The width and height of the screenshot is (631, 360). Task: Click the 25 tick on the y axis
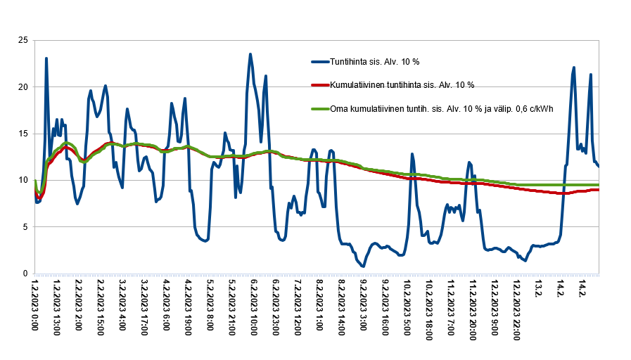[23, 40]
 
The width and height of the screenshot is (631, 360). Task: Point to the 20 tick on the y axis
[23, 87]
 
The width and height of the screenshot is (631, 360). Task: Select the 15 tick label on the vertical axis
[23, 134]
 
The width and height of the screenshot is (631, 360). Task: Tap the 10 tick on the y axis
[23, 180]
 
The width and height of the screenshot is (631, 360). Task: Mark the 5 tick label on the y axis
[25, 226]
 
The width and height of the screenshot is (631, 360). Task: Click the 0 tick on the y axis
[25, 274]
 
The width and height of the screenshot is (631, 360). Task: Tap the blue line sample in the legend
[325, 62]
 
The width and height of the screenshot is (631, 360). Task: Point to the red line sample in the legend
[325, 85]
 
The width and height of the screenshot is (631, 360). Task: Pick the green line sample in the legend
[325, 108]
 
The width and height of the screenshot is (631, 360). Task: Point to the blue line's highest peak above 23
[250, 54]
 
